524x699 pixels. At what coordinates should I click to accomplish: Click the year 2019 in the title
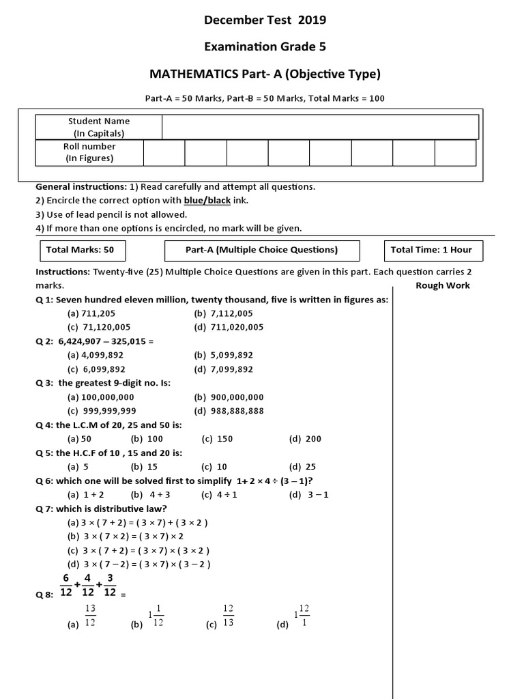point(312,20)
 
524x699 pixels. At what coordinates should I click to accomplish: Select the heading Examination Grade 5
point(265,46)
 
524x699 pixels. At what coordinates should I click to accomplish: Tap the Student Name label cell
point(99,127)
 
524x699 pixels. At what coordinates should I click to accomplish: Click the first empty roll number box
point(164,153)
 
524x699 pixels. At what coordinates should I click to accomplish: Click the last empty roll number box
point(455,153)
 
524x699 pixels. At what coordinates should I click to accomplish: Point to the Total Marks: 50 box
point(80,250)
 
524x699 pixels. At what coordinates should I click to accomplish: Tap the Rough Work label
point(442,285)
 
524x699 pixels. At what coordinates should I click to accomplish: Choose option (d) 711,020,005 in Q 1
point(229,327)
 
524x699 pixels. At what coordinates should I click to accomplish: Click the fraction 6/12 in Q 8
point(66,586)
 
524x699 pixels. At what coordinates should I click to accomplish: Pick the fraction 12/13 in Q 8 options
point(229,614)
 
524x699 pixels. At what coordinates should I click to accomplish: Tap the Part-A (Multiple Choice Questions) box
point(261,250)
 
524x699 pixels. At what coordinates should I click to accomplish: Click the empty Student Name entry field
point(319,127)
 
